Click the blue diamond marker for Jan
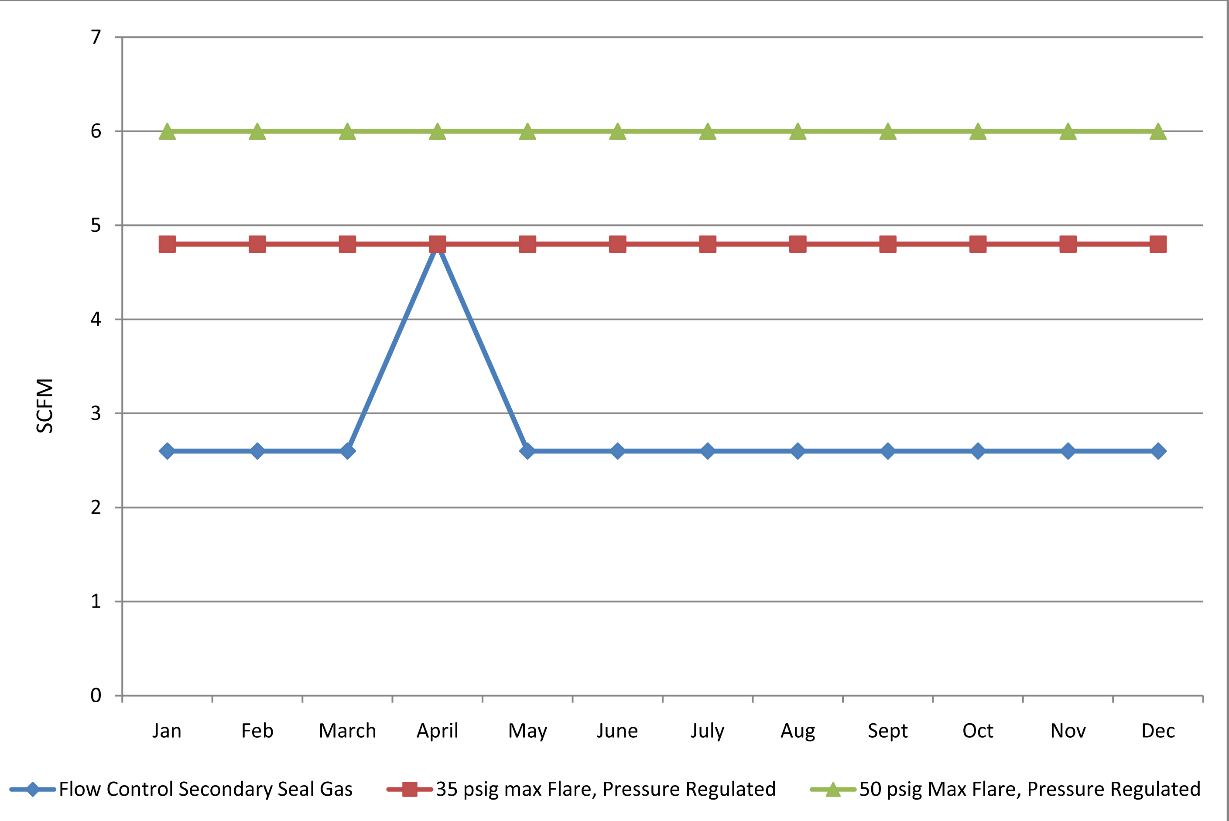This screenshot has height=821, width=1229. click(167, 451)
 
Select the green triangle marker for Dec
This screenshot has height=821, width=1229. click(1158, 131)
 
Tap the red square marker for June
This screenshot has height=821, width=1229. click(618, 244)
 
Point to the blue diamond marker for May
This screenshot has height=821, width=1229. click(527, 451)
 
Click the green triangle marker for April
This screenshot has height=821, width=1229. click(438, 131)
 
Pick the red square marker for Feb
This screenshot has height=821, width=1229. click(257, 244)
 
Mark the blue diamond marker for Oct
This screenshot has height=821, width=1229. click(978, 451)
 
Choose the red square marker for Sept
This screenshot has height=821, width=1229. click(888, 244)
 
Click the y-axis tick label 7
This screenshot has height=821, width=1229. click(96, 37)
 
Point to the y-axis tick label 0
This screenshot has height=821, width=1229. click(96, 695)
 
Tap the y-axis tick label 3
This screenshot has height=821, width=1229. click(96, 413)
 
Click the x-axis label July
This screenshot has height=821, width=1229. click(708, 731)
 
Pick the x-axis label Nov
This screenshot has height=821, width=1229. click(1068, 731)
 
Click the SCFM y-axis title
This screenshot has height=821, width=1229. click(45, 406)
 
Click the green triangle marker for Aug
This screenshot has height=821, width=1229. click(798, 131)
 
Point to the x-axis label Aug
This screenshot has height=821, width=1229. click(798, 731)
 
